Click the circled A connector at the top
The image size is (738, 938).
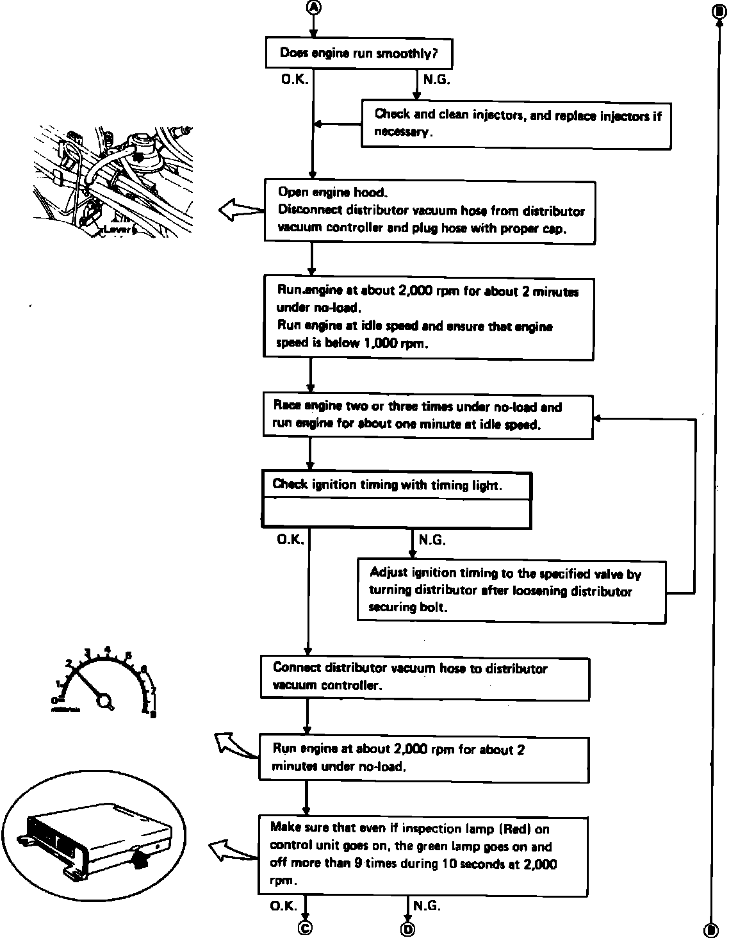pos(313,7)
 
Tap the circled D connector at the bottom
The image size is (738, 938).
pos(407,928)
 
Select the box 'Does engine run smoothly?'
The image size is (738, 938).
pos(359,53)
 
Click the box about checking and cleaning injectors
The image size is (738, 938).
pos(516,124)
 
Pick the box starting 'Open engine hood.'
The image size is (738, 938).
pos(429,211)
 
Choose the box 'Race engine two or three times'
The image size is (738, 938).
pos(428,416)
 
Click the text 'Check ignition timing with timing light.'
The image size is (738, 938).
pos(387,485)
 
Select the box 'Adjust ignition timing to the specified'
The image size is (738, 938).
pos(511,591)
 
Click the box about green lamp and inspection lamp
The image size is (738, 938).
pos(423,855)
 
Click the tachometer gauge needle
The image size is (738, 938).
pos(90,685)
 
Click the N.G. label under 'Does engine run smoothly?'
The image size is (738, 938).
pos(436,80)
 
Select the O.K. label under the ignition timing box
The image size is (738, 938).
pos(290,540)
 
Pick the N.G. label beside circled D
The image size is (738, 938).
pos(427,905)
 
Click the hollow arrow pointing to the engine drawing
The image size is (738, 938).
pos(241,210)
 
